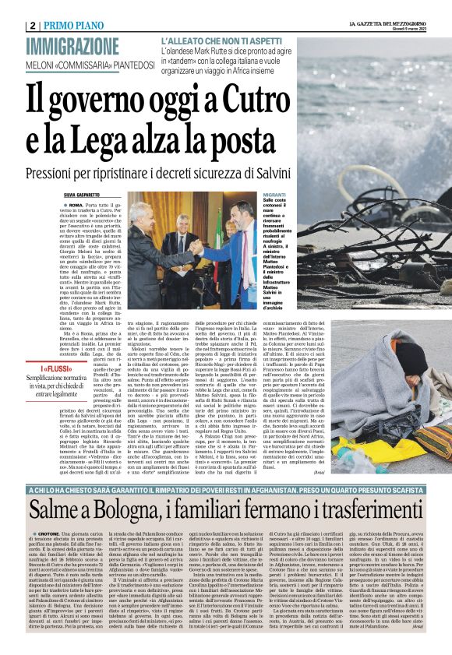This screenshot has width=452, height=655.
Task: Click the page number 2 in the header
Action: pyautogui.click(x=33, y=25)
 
